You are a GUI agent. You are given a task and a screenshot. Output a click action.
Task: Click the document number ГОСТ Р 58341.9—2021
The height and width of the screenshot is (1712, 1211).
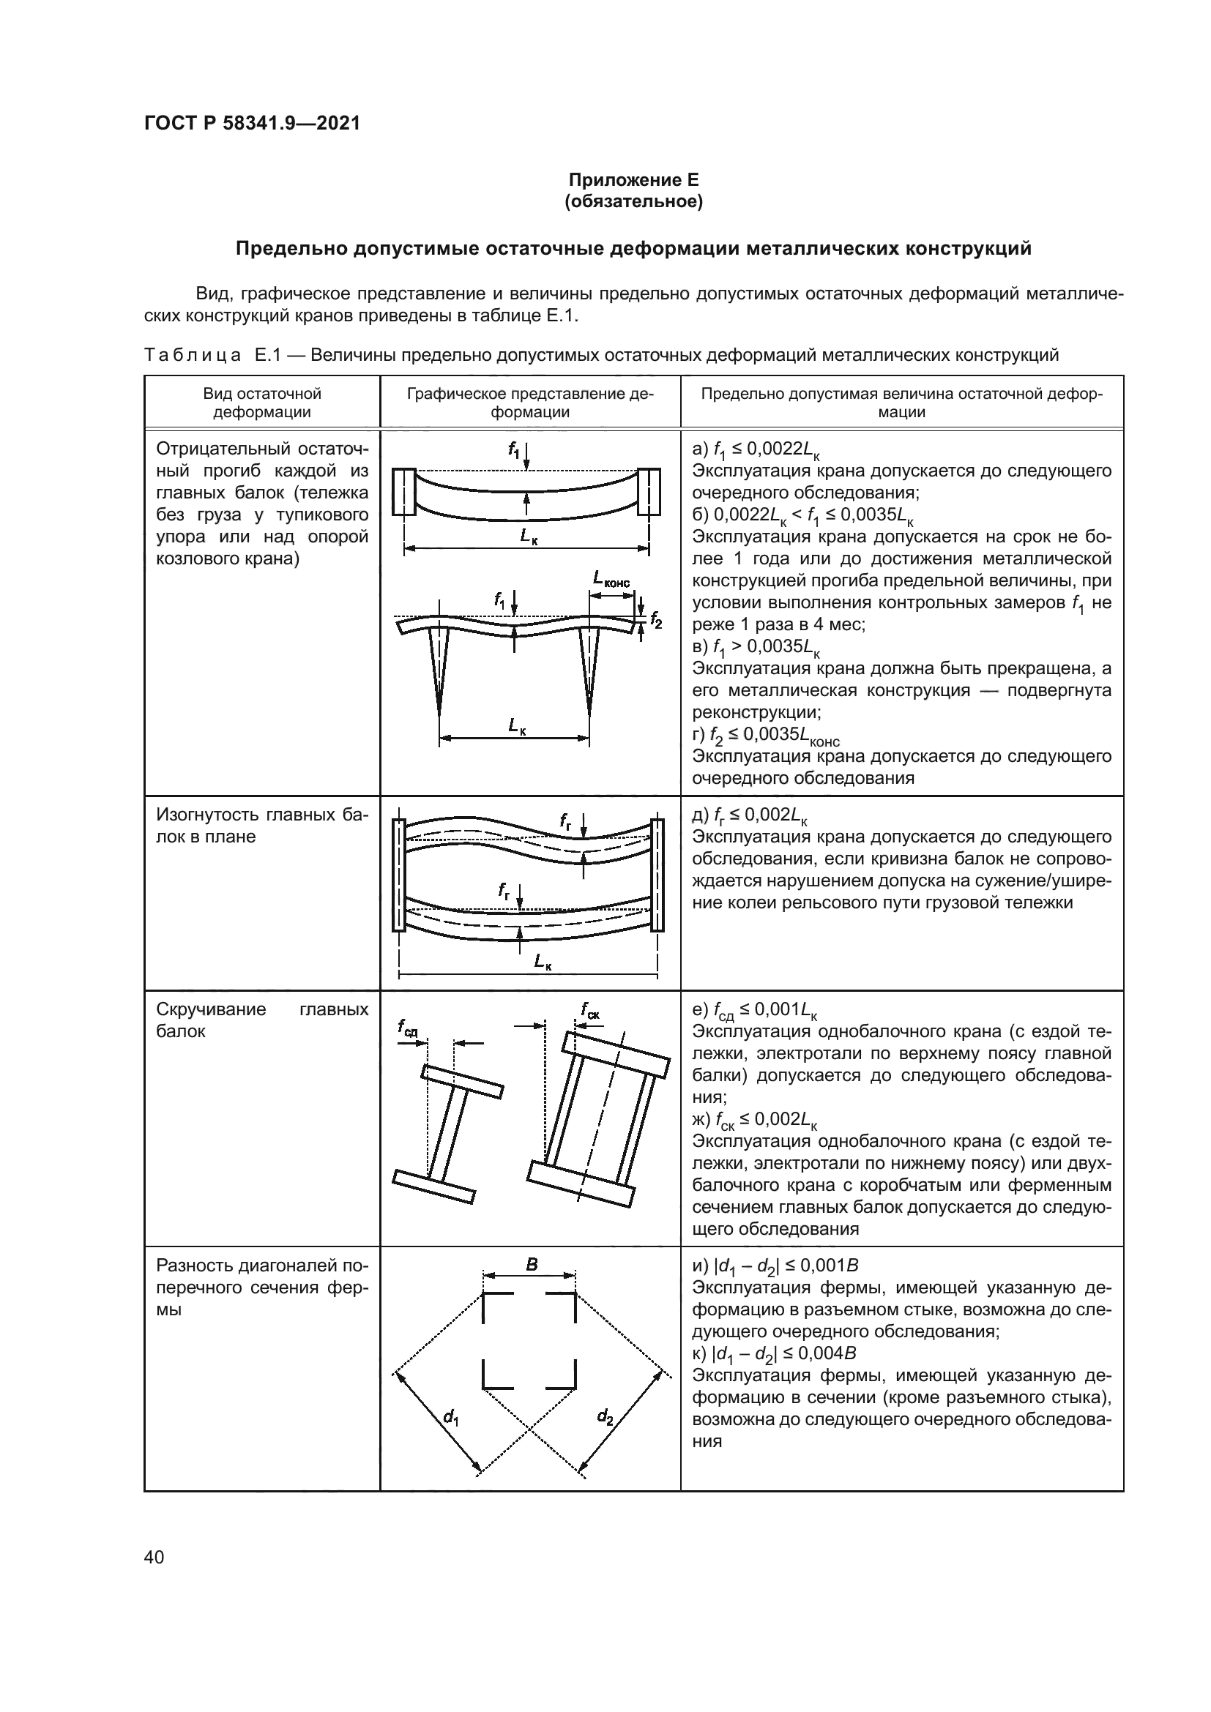[252, 123]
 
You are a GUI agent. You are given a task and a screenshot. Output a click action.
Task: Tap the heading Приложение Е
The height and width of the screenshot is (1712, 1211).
[634, 180]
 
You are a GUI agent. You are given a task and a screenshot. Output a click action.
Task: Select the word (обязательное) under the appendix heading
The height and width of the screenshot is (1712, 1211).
[634, 201]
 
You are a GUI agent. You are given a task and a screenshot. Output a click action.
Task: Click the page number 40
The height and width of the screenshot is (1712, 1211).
[154, 1557]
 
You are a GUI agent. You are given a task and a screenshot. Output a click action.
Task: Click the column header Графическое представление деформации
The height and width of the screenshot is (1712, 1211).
[530, 403]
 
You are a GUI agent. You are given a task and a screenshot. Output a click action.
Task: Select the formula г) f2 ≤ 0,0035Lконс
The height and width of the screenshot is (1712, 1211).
[766, 735]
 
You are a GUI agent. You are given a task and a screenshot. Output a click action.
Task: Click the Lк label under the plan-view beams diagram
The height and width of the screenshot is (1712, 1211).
[543, 962]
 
